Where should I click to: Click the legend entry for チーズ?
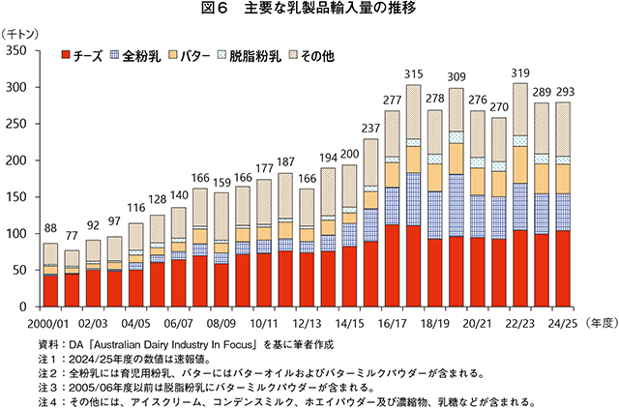click(81, 56)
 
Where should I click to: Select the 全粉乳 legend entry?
click(135, 56)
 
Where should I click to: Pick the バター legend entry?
click(190, 56)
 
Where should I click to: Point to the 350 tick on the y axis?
click(16, 50)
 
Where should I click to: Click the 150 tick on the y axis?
click(16, 197)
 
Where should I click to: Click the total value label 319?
click(520, 74)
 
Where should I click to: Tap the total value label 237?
click(370, 130)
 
